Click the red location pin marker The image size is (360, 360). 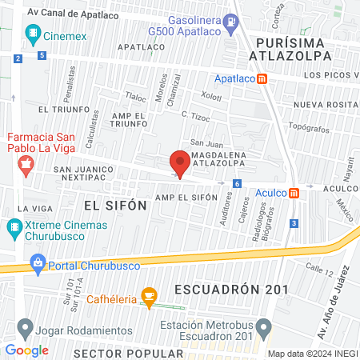[180, 164]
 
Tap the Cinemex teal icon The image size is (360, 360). [33, 33]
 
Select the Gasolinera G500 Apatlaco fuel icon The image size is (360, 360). [231, 22]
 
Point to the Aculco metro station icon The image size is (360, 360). [294, 193]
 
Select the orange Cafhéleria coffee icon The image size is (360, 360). [148, 297]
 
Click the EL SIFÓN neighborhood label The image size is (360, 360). [115, 205]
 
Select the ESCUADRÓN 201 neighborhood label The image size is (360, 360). [227, 289]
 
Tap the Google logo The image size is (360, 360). [27, 350]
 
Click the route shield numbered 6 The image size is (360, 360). [237, 183]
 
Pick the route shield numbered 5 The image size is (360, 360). [41, 55]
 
